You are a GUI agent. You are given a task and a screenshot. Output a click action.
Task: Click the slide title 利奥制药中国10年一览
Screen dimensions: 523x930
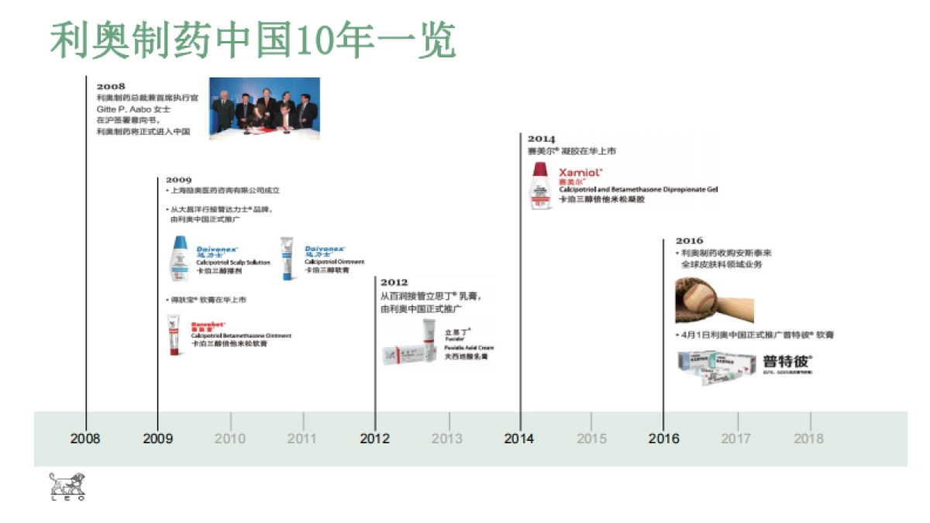(253, 40)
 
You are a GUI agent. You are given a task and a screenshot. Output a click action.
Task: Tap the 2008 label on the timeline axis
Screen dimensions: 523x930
(85, 439)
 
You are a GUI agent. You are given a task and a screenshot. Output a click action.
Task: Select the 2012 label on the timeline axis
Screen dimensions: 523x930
(375, 439)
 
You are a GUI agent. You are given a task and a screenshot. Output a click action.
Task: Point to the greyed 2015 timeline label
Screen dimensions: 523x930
(592, 439)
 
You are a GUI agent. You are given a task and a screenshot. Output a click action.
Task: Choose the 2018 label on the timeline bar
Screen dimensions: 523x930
(809, 439)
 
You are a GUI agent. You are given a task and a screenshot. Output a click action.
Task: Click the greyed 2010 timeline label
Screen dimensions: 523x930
(230, 439)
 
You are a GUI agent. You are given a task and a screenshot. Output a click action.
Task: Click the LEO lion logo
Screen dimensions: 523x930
(67, 486)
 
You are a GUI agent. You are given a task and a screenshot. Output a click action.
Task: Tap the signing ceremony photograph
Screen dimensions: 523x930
(264, 108)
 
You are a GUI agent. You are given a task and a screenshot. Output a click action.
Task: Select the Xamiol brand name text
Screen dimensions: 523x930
(580, 172)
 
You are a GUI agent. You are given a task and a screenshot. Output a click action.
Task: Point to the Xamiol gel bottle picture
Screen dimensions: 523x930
(540, 186)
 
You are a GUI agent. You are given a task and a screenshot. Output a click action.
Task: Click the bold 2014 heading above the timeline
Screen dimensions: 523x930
(542, 139)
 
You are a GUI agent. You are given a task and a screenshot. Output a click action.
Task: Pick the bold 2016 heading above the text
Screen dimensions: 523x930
(689, 241)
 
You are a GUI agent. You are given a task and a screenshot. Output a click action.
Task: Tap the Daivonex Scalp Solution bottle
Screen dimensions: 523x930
(180, 257)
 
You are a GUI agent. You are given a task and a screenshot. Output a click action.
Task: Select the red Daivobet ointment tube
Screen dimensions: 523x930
(174, 335)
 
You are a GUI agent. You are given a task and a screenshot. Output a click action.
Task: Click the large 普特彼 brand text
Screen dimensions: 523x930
(787, 361)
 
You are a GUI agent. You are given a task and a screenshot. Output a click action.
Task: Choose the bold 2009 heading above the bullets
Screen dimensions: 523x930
(178, 180)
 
